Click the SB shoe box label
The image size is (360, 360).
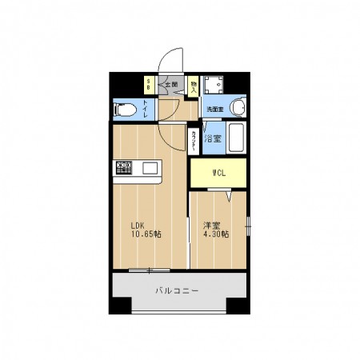coord(147,84)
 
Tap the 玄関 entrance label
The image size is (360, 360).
coord(171,84)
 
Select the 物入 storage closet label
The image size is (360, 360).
coord(194,85)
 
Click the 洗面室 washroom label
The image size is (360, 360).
coord(214,109)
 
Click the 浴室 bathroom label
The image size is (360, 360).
coord(212,139)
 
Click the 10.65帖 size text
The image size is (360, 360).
coord(146,234)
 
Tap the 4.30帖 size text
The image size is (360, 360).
coord(217,234)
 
